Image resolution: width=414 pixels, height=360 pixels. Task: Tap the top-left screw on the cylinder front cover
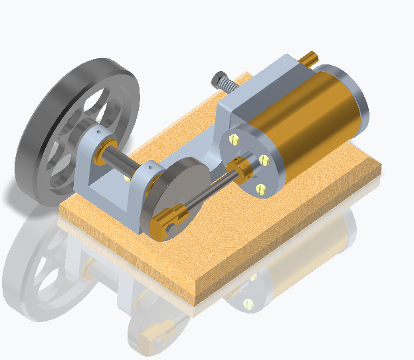click(x=234, y=139)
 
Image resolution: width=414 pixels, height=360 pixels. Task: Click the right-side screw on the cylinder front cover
click(x=265, y=159)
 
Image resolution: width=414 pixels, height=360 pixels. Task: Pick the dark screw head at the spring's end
click(x=216, y=79)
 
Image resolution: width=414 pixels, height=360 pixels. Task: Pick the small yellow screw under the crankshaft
click(x=128, y=178)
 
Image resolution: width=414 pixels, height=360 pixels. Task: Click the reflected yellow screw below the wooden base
click(x=249, y=304)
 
